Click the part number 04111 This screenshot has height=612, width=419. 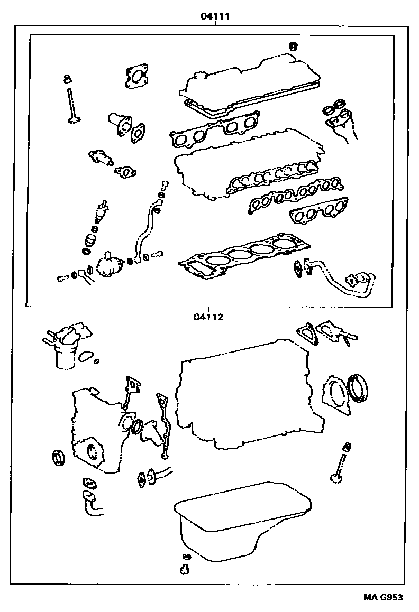(214, 16)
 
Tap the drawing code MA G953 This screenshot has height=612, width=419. (382, 597)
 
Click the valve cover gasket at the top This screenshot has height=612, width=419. (251, 90)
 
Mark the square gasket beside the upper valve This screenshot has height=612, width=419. (137, 77)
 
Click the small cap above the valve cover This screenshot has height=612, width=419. (293, 47)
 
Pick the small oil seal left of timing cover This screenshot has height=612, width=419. (58, 457)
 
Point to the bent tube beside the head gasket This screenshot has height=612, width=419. (333, 280)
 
